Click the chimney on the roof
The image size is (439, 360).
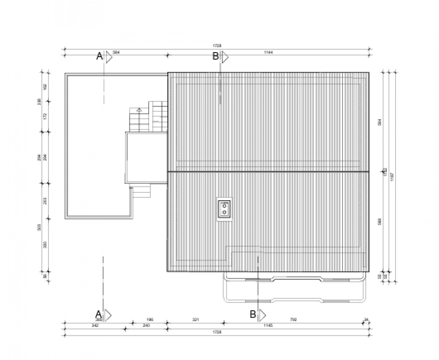pyautogui.click(x=225, y=209)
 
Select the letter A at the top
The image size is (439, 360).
pyautogui.click(x=99, y=56)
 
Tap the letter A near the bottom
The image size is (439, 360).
pyautogui.click(x=97, y=314)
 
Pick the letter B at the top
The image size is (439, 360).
pyautogui.click(x=215, y=56)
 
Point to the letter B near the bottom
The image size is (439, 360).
pyautogui.click(x=252, y=314)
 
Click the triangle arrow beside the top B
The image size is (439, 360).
pyautogui.click(x=225, y=57)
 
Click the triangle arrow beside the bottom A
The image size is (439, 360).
pyautogui.click(x=108, y=315)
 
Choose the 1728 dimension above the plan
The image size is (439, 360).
pyautogui.click(x=217, y=46)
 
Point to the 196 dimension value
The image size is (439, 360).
pyautogui.click(x=149, y=320)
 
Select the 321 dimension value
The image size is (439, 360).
pyautogui.click(x=195, y=320)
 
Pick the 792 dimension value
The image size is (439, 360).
pyautogui.click(x=293, y=320)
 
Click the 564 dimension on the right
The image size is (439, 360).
pyautogui.click(x=379, y=122)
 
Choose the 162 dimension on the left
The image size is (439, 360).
pyautogui.click(x=45, y=87)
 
